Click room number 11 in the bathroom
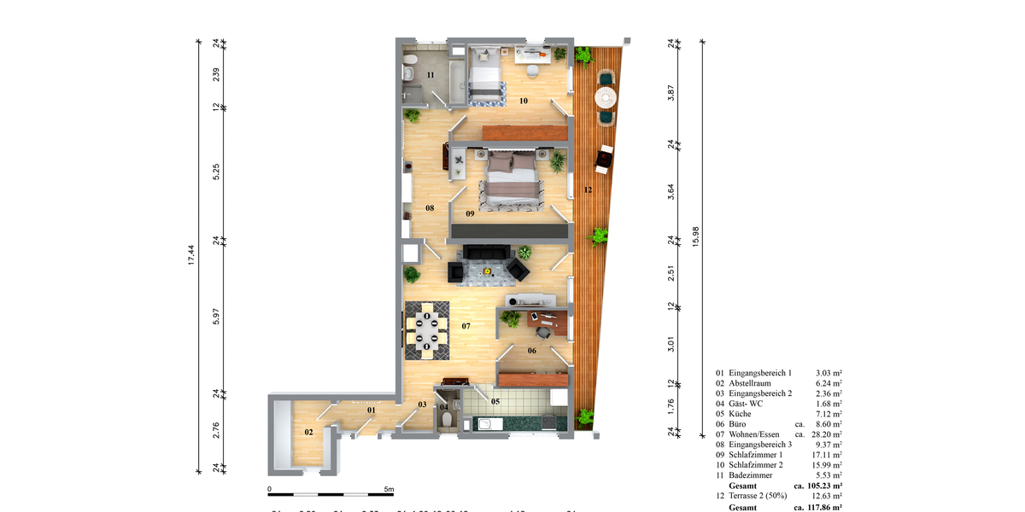pyautogui.click(x=430, y=76)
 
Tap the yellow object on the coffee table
pyautogui.click(x=487, y=271)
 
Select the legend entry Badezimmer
pyautogui.click(x=753, y=474)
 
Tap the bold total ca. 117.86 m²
pyautogui.click(x=818, y=506)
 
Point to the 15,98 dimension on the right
pyautogui.click(x=696, y=240)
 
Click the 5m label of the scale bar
pyautogui.click(x=389, y=490)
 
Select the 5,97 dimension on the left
pyautogui.click(x=216, y=316)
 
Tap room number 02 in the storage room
pyautogui.click(x=309, y=433)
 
